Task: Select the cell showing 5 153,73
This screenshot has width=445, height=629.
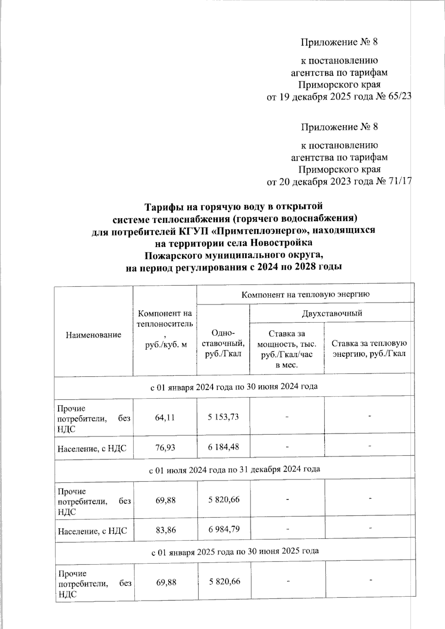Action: click(x=223, y=417)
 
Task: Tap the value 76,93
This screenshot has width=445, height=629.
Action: click(x=165, y=448)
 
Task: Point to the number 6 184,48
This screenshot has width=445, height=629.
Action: click(x=223, y=447)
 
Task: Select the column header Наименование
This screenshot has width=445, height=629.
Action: click(x=93, y=335)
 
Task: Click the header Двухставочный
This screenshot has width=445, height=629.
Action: click(x=332, y=313)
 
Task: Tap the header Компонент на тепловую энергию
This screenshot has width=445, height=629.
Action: click(x=306, y=295)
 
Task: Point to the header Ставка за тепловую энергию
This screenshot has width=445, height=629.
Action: click(x=369, y=348)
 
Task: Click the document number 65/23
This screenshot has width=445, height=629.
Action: click(x=399, y=97)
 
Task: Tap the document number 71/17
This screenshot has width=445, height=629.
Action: click(x=399, y=182)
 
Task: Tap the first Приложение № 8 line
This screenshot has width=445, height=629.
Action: click(x=339, y=42)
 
